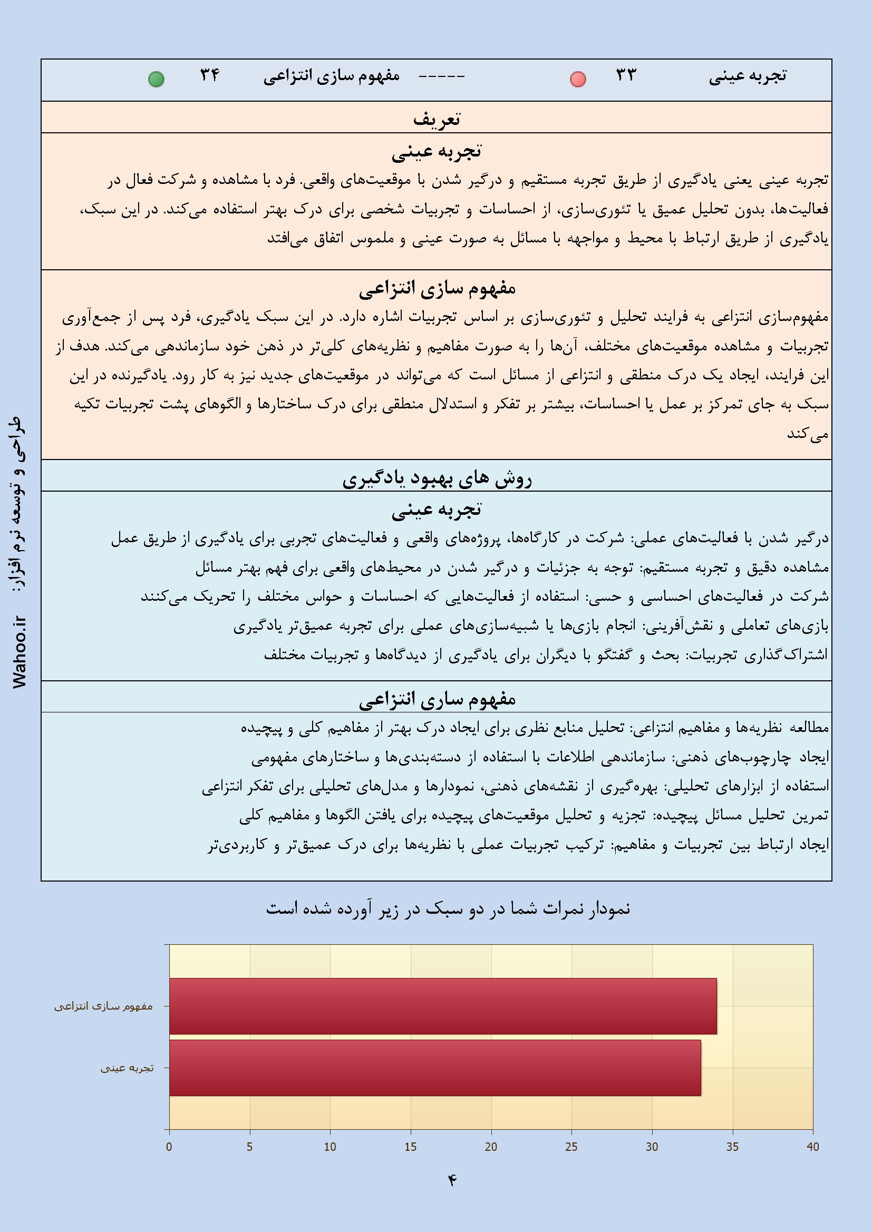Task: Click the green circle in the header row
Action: (x=156, y=80)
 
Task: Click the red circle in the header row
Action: (x=578, y=80)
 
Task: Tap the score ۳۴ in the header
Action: (x=210, y=75)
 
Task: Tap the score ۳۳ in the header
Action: (x=626, y=75)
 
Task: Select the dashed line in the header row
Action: (x=441, y=77)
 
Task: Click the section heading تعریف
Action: (x=436, y=119)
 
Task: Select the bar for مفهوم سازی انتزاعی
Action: (x=442, y=1006)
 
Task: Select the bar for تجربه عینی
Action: (x=435, y=1068)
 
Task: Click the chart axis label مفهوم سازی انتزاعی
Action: (x=104, y=1006)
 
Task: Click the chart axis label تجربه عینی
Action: (x=127, y=1068)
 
